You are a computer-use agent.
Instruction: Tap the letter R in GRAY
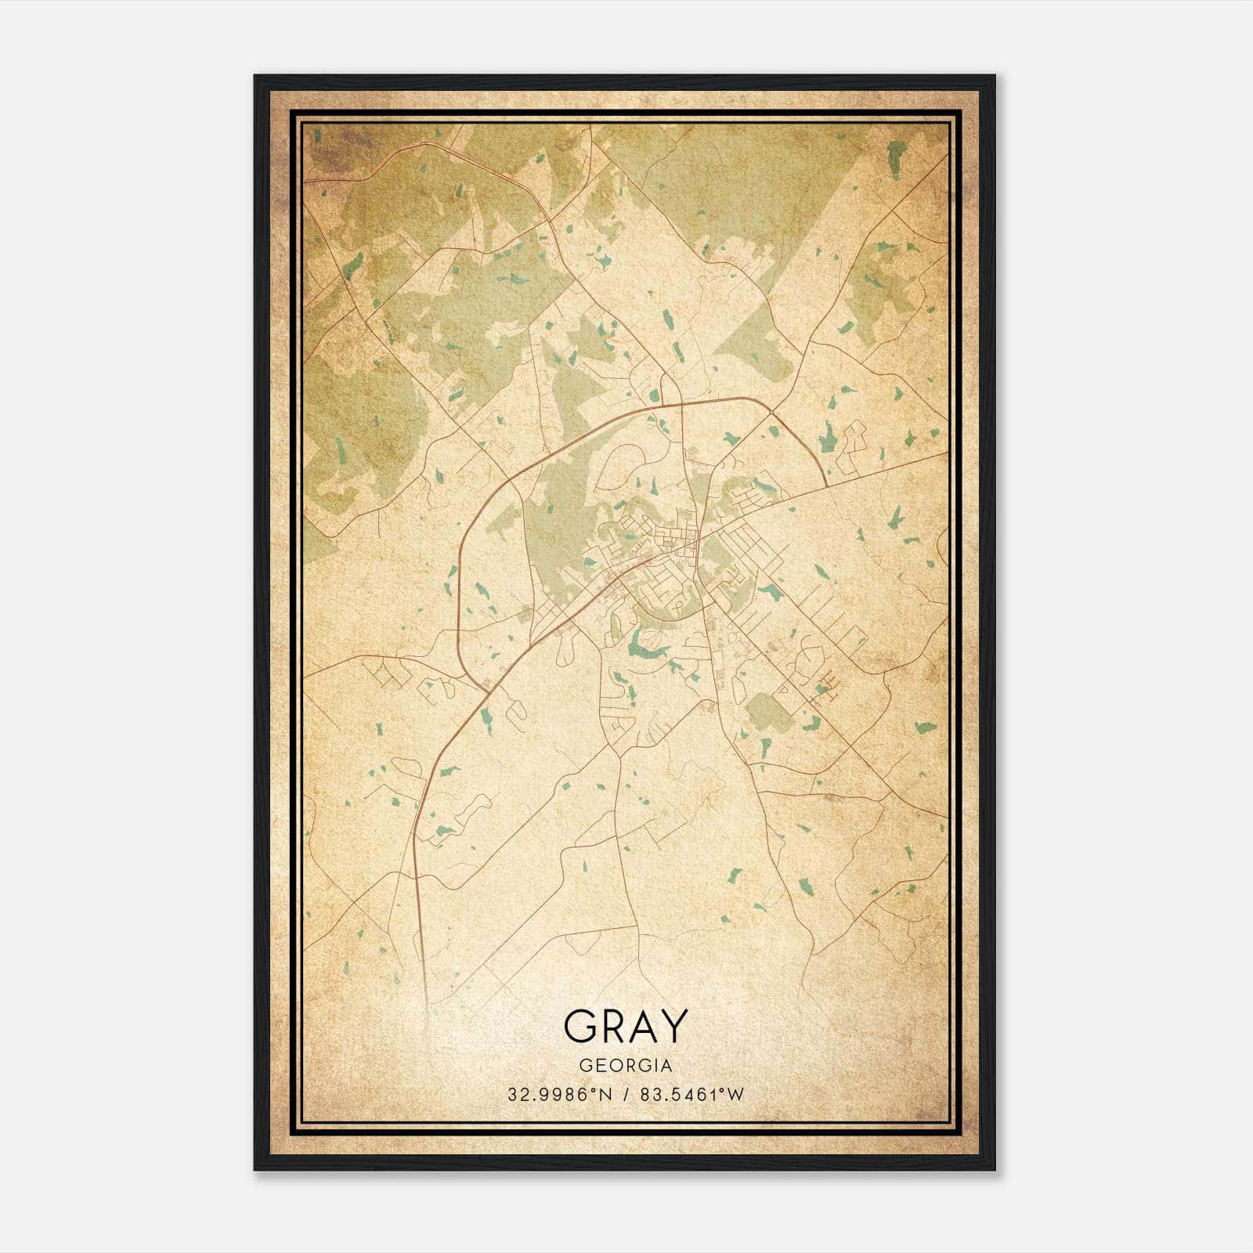pos(613,1026)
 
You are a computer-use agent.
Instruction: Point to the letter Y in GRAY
pos(674,1026)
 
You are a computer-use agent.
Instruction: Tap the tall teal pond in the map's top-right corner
pos(896,160)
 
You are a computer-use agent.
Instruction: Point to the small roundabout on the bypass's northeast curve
pos(772,413)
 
